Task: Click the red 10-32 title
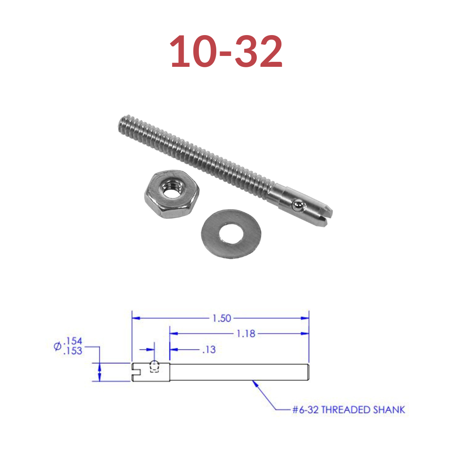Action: click(x=226, y=51)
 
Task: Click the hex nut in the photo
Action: click(x=172, y=194)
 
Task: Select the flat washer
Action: click(x=231, y=233)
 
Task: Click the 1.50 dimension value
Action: click(x=221, y=318)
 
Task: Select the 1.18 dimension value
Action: click(x=246, y=334)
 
